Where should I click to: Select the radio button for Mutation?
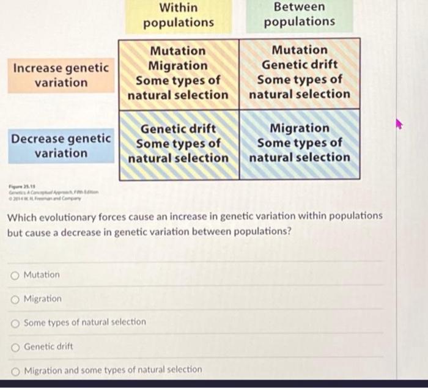coord(15,275)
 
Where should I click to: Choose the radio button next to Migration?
coord(15,299)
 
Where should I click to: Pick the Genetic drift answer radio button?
coord(15,346)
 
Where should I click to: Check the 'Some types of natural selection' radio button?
coord(15,322)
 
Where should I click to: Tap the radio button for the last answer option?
coord(15,370)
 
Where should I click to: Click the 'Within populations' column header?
coord(179,15)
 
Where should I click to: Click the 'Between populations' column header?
coord(300,15)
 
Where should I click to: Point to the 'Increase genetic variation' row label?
coord(61,75)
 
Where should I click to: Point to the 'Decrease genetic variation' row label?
coord(61,145)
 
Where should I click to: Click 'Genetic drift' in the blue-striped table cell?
coord(179,129)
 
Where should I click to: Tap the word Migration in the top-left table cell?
coord(179,65)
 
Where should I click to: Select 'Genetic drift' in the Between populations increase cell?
coord(300,65)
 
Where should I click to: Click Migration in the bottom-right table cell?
coord(300,128)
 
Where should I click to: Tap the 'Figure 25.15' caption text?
coord(18,186)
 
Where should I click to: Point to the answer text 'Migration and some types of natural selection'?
coord(113,370)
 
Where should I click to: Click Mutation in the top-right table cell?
coord(300,50)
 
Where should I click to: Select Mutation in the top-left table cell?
coord(179,51)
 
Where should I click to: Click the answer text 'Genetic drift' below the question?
coord(48,346)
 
